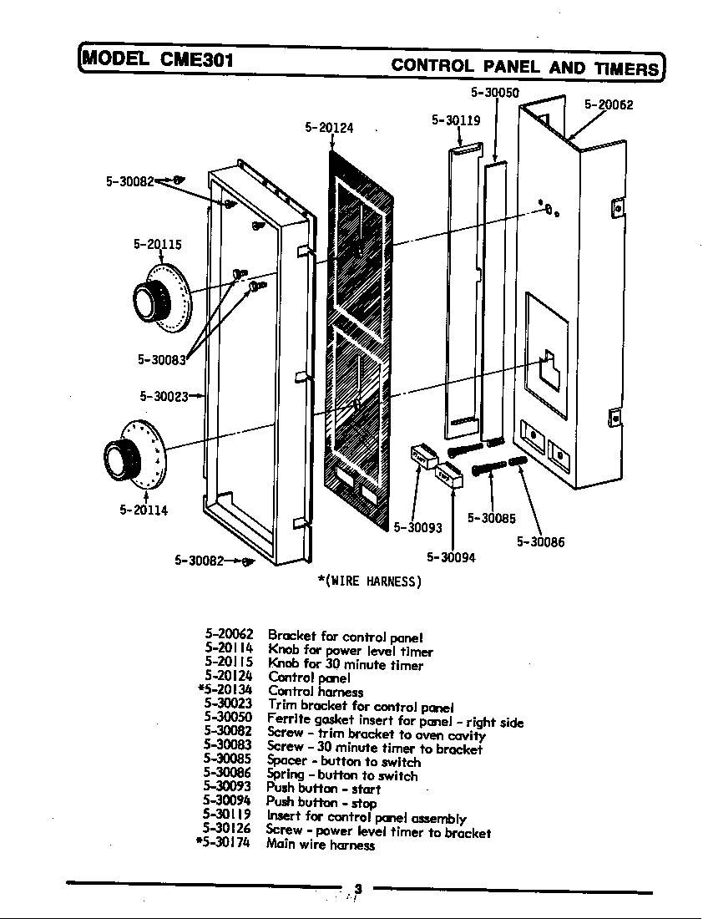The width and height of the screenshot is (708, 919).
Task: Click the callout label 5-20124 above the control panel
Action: pyautogui.click(x=329, y=128)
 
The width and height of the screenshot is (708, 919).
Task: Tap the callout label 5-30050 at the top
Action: pyautogui.click(x=495, y=92)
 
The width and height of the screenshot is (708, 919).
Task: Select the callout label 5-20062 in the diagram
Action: pyautogui.click(x=609, y=105)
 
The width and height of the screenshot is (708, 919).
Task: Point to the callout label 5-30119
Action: pyautogui.click(x=456, y=120)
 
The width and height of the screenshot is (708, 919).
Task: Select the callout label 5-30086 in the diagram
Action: pyautogui.click(x=540, y=542)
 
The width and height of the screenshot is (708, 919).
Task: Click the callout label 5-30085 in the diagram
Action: pyautogui.click(x=491, y=518)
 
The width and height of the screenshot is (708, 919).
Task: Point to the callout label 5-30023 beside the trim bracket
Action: pyautogui.click(x=164, y=396)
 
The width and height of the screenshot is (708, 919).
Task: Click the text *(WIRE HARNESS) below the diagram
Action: pyautogui.click(x=369, y=581)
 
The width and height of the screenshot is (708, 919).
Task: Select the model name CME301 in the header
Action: pyautogui.click(x=194, y=59)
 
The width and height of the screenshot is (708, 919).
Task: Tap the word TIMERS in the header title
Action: pyautogui.click(x=627, y=68)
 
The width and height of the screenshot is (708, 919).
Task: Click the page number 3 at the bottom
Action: pyautogui.click(x=357, y=889)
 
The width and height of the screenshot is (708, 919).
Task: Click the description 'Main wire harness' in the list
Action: pyautogui.click(x=320, y=845)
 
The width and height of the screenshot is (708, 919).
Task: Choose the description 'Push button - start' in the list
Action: pyautogui.click(x=323, y=789)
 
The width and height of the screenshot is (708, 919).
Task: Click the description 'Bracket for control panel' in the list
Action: pyautogui.click(x=346, y=636)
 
